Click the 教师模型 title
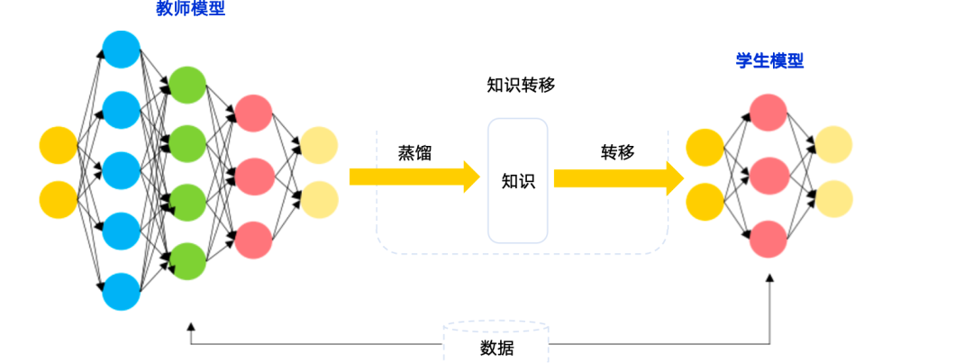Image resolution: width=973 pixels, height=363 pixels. pos(190,10)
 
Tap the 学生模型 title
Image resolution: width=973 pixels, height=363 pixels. pos(769,61)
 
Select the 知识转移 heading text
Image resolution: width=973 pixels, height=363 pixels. pos(521,85)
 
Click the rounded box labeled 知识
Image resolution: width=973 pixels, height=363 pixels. pos(518,181)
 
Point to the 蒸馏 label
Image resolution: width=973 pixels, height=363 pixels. pos(414,152)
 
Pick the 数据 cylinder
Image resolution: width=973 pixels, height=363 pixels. pos(496,343)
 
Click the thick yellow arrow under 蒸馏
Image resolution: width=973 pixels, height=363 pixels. pos(414,177)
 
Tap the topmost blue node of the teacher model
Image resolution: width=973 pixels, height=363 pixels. pos(121,49)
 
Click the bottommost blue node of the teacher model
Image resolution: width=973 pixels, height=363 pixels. pos(121,292)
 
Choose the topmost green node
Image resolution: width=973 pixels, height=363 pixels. pos(187,84)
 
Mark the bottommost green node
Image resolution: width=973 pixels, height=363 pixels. pos(187,261)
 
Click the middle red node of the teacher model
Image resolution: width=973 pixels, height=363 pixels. pos(253,176)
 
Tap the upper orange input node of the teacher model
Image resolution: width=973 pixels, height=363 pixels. pos(59,146)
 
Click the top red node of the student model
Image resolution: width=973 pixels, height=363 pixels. pos(768,110)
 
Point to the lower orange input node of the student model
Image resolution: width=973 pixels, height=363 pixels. pos(705,202)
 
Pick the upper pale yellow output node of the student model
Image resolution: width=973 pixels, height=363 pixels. pos(833,145)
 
